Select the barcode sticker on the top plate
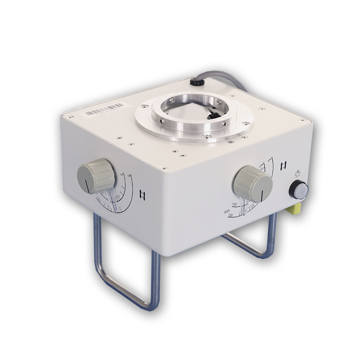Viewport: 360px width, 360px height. (x=104, y=109)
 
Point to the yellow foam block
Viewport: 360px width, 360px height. (x=293, y=207)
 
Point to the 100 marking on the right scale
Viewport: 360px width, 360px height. (x=234, y=204)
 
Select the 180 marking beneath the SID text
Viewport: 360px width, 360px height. (x=230, y=216)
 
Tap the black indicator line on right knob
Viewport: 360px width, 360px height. (x=262, y=195)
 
